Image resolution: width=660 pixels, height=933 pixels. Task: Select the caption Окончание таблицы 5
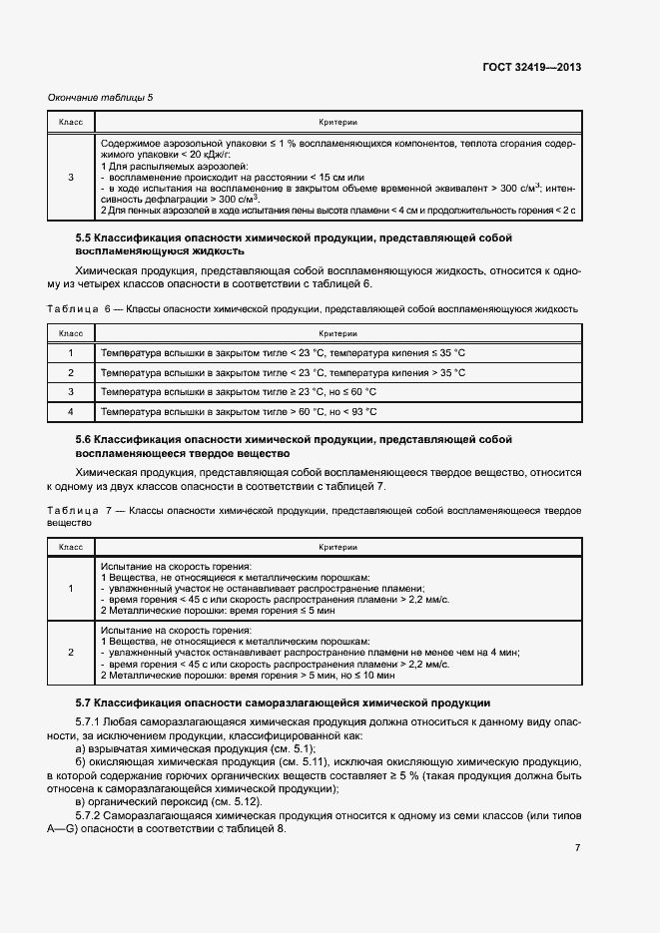click(101, 97)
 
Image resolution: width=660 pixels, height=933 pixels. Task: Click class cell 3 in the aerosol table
click(71, 178)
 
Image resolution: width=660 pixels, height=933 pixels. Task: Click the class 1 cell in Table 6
click(71, 353)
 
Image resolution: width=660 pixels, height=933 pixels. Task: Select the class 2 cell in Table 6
click(71, 372)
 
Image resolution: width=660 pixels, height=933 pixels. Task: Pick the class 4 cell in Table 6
click(71, 411)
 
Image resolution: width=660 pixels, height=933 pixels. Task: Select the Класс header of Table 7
click(71, 547)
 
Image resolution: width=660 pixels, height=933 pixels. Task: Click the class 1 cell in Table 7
click(71, 589)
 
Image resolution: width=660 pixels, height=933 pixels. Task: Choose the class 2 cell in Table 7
click(71, 652)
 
